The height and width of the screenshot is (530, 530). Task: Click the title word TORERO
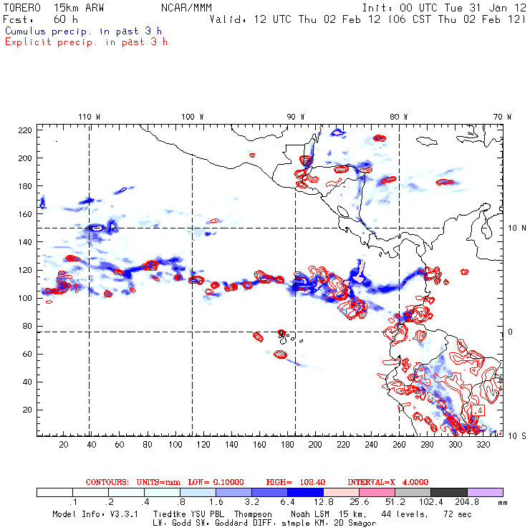(21, 7)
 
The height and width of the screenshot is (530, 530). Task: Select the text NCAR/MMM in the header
(184, 7)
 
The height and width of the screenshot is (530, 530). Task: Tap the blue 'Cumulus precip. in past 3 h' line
(83, 31)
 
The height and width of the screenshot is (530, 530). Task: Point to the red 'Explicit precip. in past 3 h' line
(86, 42)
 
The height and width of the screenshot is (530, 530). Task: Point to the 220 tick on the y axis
(25, 130)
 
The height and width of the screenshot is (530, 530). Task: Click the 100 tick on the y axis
(25, 297)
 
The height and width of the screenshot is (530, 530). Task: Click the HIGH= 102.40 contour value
(294, 482)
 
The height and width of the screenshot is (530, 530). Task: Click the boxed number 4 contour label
(480, 410)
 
